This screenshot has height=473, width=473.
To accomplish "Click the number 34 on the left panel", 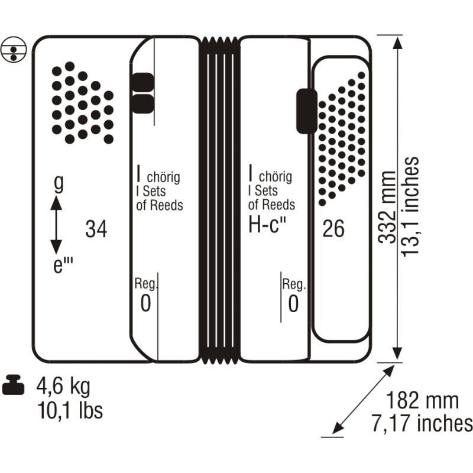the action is click(96, 229).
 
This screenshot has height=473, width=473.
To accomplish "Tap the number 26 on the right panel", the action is click(333, 228).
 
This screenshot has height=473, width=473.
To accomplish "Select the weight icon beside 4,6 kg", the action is click(13, 385).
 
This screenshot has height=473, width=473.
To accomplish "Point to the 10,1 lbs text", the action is click(70, 410).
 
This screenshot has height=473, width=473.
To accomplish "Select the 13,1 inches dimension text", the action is click(410, 207).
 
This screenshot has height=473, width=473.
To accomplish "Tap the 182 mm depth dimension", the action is click(422, 400).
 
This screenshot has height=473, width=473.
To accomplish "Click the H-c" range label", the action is click(267, 225).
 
